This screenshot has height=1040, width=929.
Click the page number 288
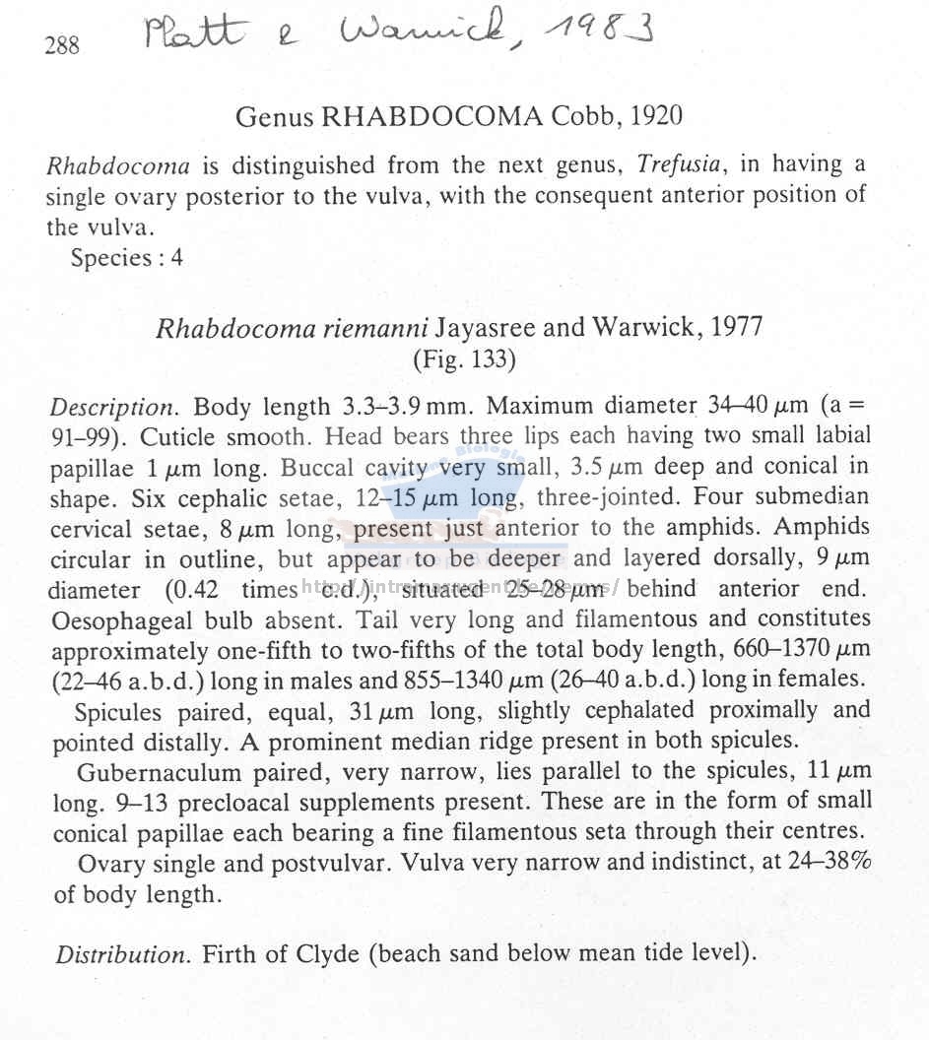tap(62, 45)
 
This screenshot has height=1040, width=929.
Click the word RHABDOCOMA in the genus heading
tap(431, 117)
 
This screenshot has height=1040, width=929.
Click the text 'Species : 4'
tap(127, 259)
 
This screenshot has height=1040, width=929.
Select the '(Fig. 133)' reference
tap(465, 360)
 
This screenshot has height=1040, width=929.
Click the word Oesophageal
tap(116, 620)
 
